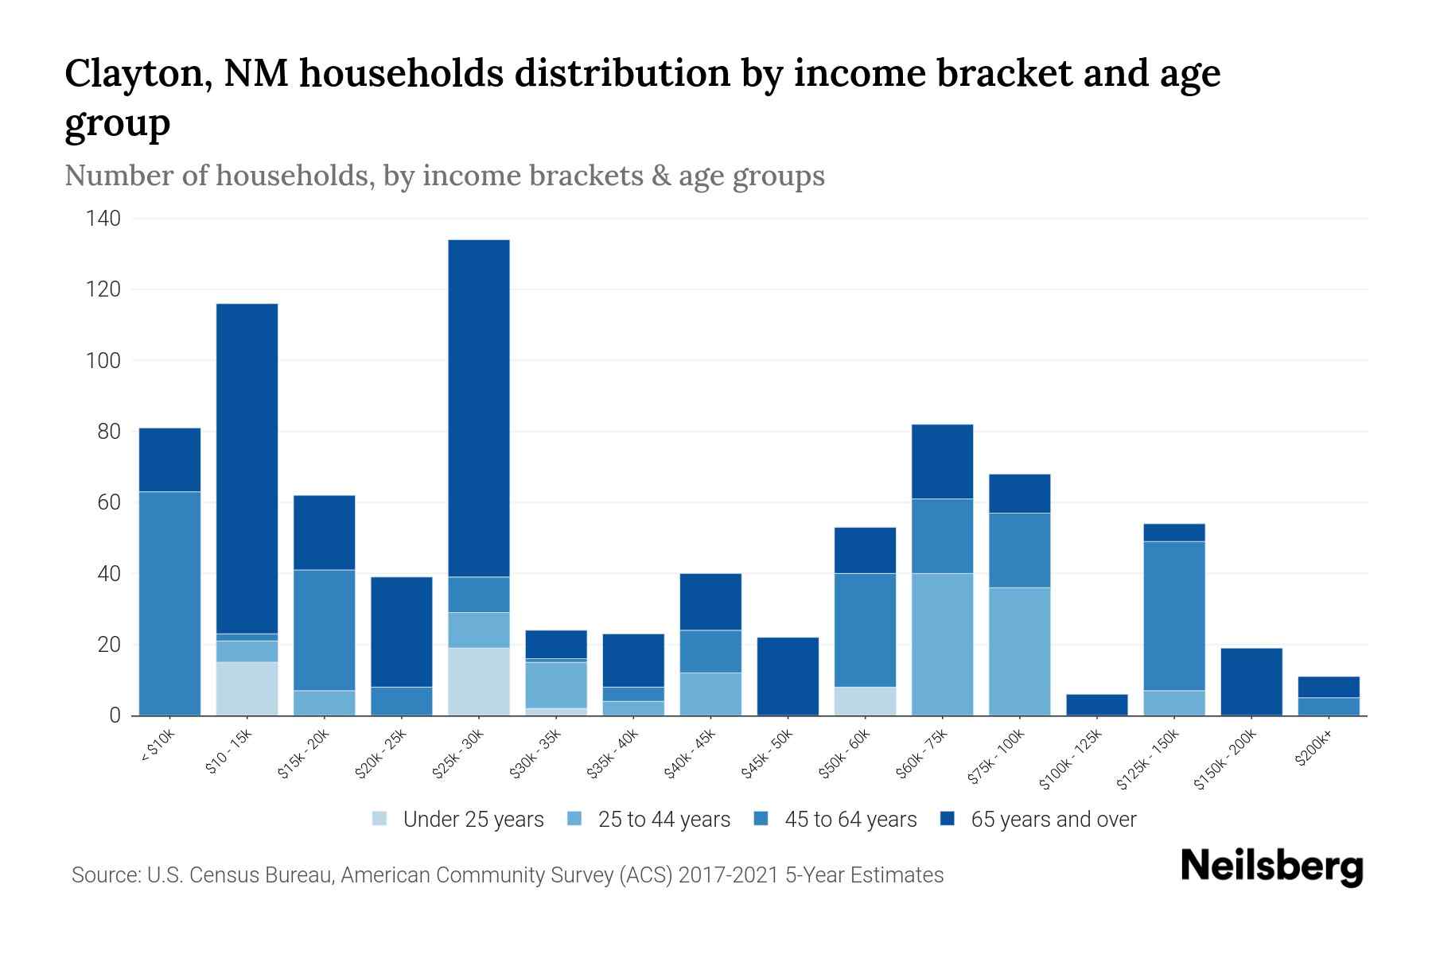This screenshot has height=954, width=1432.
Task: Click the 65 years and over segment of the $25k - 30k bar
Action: (478, 408)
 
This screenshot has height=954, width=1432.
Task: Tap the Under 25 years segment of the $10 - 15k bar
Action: (247, 688)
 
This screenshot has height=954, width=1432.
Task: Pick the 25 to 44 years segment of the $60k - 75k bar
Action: (942, 644)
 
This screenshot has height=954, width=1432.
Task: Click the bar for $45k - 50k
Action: (788, 676)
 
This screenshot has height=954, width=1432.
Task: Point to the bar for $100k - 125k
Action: (1096, 704)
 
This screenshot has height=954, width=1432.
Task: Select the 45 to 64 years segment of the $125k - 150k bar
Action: (1173, 615)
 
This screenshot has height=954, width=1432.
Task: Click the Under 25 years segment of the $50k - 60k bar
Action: (865, 700)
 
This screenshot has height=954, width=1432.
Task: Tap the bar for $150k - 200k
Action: (1251, 681)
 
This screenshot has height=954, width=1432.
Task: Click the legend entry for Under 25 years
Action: (473, 820)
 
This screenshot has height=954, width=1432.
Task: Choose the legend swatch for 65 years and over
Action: (948, 819)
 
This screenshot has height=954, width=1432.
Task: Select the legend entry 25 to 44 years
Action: (663, 820)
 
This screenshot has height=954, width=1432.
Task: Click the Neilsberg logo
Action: (1271, 867)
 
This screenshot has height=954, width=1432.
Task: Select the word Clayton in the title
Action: (136, 74)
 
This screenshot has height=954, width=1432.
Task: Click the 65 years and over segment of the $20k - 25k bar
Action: (401, 631)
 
